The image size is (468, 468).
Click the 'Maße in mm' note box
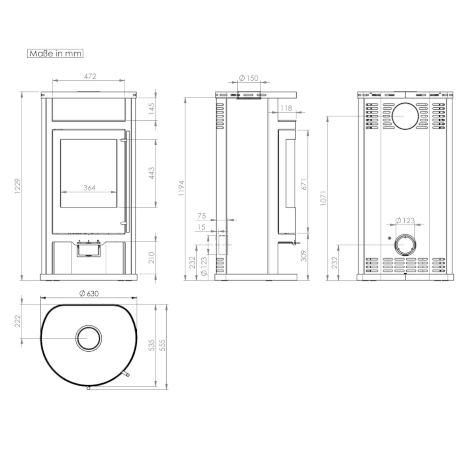55,54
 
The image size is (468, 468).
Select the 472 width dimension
90,76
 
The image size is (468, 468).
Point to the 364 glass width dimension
89,188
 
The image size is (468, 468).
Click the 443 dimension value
152,174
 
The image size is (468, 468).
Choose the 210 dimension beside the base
152,257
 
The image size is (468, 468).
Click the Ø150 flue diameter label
249,78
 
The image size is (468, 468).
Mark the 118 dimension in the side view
286,108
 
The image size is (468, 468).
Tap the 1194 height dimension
181,188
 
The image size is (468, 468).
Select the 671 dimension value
305,184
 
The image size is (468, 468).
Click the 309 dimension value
304,256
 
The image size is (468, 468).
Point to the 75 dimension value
202,216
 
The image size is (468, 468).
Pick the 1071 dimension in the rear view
323,198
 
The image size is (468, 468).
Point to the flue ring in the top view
88,339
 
